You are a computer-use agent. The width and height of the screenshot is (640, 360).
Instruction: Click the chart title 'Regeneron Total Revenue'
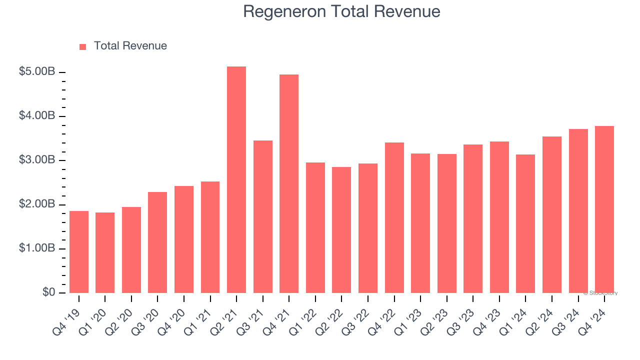341,11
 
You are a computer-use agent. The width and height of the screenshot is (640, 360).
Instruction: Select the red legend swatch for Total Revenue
83,46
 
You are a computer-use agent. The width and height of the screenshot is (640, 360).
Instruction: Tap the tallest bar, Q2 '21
236,180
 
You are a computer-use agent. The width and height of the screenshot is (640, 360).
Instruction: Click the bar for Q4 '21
289,184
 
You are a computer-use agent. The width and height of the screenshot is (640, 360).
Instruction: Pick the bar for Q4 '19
79,252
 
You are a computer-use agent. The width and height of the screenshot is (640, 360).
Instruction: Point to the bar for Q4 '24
604,209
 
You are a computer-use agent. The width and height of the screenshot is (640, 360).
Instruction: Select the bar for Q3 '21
263,217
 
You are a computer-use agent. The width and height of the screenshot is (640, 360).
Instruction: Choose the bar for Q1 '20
105,253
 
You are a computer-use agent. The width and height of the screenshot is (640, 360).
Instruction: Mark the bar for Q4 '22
394,218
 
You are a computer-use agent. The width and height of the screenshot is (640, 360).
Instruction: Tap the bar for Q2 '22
341,230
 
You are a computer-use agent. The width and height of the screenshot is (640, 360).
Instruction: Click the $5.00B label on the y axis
37,72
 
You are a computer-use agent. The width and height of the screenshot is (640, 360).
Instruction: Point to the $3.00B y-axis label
37,160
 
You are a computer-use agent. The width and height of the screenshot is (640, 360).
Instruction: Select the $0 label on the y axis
48,292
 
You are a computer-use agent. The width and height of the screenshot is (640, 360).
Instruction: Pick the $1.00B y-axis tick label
37,248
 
